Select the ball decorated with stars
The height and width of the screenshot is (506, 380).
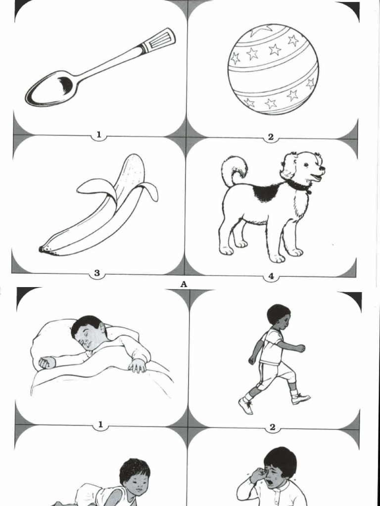[273, 69]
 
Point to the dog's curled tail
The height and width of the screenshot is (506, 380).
[234, 170]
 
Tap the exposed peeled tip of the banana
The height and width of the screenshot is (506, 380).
[133, 171]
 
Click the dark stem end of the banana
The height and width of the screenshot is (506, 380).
[43, 249]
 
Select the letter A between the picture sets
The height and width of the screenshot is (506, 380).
[184, 284]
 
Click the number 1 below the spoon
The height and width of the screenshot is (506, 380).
[99, 135]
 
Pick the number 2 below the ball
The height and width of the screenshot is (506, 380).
[271, 137]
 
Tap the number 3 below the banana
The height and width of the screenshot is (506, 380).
[97, 273]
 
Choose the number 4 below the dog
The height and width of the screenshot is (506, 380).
[271, 276]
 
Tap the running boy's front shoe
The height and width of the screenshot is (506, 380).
[300, 399]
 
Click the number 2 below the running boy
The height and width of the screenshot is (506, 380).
[273, 427]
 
